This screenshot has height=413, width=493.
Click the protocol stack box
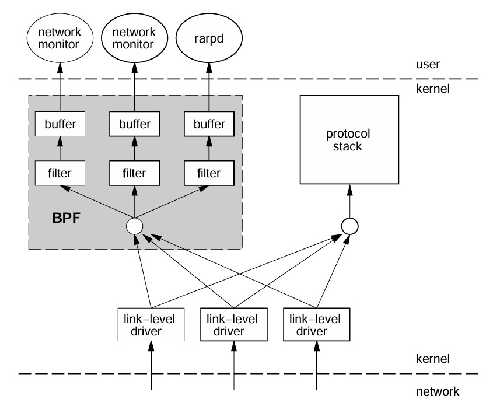[x=349, y=139]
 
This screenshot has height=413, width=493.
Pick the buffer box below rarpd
[x=209, y=124]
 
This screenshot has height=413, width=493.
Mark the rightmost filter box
[x=209, y=173]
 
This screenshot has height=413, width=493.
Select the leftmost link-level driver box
[x=151, y=325]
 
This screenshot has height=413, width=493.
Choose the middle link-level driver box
[x=234, y=325]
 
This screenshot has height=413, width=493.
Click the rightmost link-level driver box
[x=317, y=325]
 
